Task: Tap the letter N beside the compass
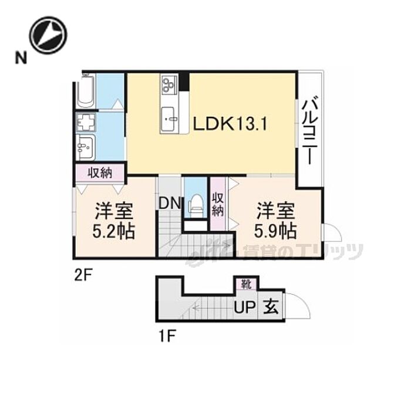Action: point(21,58)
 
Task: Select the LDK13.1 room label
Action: point(230,124)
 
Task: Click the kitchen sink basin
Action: point(170,119)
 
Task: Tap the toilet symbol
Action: point(196,203)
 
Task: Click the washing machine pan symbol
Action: point(86,122)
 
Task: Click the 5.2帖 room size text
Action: point(113,231)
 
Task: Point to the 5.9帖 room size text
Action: point(275,230)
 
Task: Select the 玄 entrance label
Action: point(271,306)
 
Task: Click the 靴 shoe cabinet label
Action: point(246,284)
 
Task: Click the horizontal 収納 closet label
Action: point(100,173)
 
